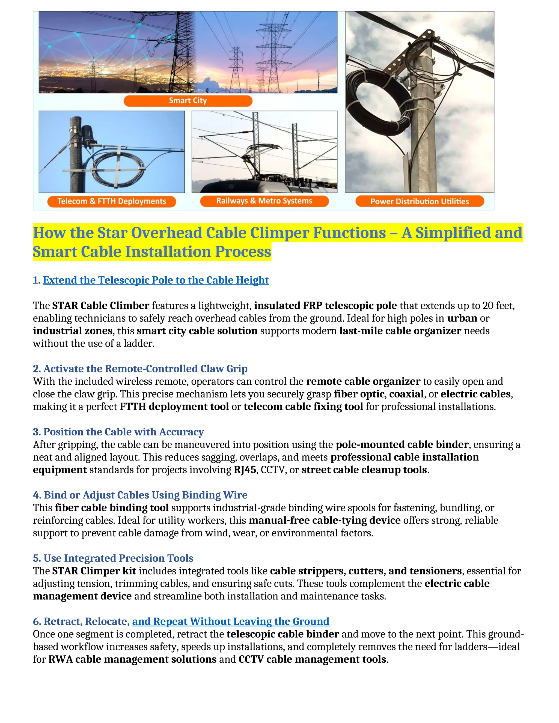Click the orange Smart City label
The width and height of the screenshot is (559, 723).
pos(188,101)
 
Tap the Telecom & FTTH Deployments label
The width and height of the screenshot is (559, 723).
pos(112,201)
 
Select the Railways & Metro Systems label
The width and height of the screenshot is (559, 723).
pos(264,201)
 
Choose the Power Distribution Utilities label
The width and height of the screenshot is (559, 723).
pos(420,201)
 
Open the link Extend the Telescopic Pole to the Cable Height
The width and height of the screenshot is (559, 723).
pos(156,280)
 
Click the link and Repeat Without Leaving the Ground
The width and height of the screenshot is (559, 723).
pos(230,621)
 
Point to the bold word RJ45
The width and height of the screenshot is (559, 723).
pos(245,470)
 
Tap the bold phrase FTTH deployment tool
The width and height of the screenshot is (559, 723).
pos(174,407)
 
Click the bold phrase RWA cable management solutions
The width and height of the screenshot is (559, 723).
pos(132,659)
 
